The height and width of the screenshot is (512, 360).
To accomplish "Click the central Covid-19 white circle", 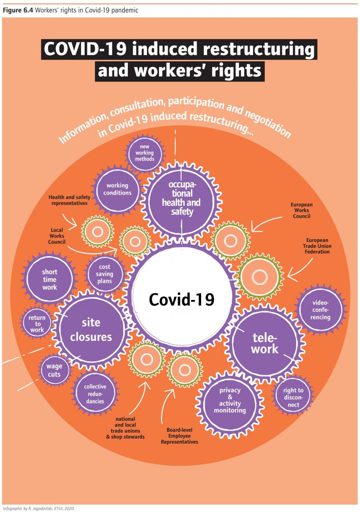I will coord(181,299).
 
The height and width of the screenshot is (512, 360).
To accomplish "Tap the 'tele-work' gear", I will coord(265,343).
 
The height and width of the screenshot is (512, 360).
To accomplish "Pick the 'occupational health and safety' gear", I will coord(181,198).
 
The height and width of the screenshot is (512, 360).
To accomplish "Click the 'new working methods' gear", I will coord(144,153).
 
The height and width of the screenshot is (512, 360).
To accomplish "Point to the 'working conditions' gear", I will coord(117,189).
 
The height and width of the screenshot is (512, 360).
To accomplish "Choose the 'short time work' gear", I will coord(50,279).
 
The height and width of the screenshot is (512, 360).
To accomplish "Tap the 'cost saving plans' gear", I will coord(105,274).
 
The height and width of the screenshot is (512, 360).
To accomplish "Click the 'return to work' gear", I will coord(37,324).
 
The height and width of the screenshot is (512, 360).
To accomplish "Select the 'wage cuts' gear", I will coord(54,370).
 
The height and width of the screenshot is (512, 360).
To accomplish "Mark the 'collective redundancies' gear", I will coord(95,394).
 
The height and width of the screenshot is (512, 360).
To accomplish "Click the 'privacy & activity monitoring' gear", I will coord(230,400).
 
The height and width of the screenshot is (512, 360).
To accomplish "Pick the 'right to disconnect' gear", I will coord(293,397).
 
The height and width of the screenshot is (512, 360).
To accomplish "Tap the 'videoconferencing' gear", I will coord(320,310).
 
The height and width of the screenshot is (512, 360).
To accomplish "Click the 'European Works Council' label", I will coord(302,210).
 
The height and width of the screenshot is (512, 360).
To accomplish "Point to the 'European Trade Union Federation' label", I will coord(317,246).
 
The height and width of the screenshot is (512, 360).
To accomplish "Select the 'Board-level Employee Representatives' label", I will coord(179,436).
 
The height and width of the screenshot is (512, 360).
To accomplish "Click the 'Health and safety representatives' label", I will coord(69,200).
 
